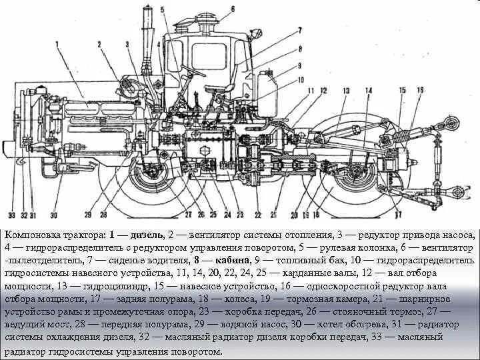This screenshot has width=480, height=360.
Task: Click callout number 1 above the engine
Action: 58,45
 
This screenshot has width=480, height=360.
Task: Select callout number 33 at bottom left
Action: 11,215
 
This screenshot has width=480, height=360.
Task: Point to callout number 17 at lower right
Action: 398,214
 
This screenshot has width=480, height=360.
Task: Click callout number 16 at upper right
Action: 420,89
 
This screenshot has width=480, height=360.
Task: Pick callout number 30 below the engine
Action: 53,215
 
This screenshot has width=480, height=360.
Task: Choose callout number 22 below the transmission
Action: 258,215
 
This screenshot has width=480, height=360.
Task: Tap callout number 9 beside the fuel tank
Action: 299,65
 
